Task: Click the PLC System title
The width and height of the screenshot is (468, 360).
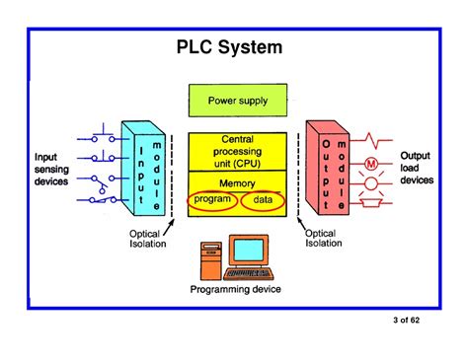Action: click(x=229, y=47)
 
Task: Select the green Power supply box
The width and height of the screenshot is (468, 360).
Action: click(x=237, y=101)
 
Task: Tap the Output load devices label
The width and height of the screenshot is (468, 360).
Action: click(x=416, y=169)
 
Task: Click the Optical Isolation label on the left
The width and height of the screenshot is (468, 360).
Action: click(x=148, y=239)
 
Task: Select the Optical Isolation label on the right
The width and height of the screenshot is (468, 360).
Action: click(x=325, y=239)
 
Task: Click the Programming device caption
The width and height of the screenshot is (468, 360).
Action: click(x=236, y=289)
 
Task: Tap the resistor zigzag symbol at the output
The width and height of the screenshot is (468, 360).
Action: click(x=374, y=137)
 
